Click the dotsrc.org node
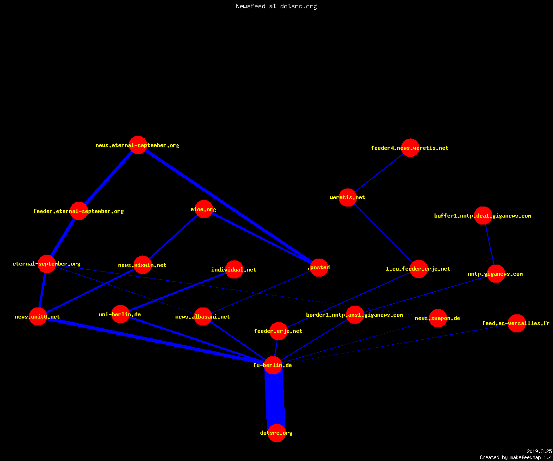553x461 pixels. pyautogui.click(x=276, y=433)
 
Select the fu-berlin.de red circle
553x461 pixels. pyautogui.click(x=273, y=366)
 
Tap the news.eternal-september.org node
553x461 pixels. pyautogui.click(x=138, y=145)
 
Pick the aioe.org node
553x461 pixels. pyautogui.click(x=204, y=209)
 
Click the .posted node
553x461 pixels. pyautogui.click(x=319, y=267)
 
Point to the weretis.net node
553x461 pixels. pyautogui.click(x=347, y=197)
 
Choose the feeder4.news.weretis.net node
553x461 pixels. pyautogui.click(x=410, y=148)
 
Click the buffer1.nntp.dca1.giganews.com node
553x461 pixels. pyautogui.click(x=483, y=215)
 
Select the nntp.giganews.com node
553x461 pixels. pyautogui.click(x=496, y=274)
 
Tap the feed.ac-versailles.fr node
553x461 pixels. pyautogui.click(x=517, y=323)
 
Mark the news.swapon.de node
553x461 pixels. pyautogui.click(x=438, y=318)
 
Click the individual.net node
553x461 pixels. pyautogui.click(x=234, y=269)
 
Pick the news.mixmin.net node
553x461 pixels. pyautogui.click(x=142, y=265)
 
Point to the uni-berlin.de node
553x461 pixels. pyautogui.click(x=120, y=314)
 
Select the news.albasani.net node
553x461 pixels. pyautogui.click(x=203, y=316)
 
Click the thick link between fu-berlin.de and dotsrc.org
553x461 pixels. pyautogui.click(x=275, y=399)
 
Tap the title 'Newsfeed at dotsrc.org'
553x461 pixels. pyautogui.click(x=276, y=6)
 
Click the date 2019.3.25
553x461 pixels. pyautogui.click(x=539, y=451)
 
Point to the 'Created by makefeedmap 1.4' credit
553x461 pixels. pyautogui.click(x=516, y=458)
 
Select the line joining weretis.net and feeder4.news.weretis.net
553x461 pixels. pyautogui.click(x=379, y=172)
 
